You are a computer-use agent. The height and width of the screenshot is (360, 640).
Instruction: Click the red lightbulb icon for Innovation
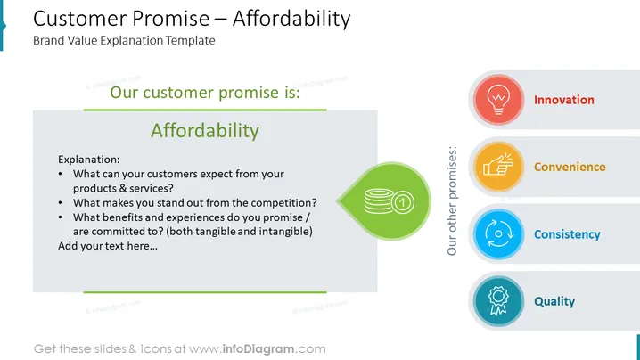point(498,100)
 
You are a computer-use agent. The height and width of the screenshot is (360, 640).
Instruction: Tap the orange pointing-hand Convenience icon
point(498,167)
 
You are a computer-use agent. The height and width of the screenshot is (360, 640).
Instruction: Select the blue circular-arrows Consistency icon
point(498,234)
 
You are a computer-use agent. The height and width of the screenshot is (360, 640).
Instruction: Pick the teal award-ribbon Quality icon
point(498,301)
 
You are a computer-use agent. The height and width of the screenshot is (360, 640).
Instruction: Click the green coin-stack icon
point(389,201)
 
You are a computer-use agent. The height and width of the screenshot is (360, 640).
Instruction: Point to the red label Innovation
point(564,100)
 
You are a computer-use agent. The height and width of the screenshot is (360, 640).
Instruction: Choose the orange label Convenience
point(570,167)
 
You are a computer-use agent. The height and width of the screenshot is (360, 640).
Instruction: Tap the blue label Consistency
point(567,234)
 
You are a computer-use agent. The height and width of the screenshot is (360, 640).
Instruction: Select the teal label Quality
point(554,301)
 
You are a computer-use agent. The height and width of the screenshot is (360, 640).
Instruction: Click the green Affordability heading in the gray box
point(205,131)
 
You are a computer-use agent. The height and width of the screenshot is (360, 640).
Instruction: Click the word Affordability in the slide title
point(291,19)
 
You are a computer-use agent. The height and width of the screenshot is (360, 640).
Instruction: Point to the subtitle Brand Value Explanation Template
point(124,40)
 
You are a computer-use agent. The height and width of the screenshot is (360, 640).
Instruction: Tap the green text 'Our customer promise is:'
point(205,93)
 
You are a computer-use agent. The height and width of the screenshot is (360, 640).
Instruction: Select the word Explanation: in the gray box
point(89,160)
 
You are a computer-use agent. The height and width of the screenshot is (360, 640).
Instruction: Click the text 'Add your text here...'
point(108,246)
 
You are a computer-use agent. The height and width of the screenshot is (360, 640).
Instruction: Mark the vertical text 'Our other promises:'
point(452,200)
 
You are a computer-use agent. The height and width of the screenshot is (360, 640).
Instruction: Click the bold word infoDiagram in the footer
point(258,349)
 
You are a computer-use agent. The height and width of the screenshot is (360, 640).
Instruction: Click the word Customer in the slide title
point(80,19)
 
